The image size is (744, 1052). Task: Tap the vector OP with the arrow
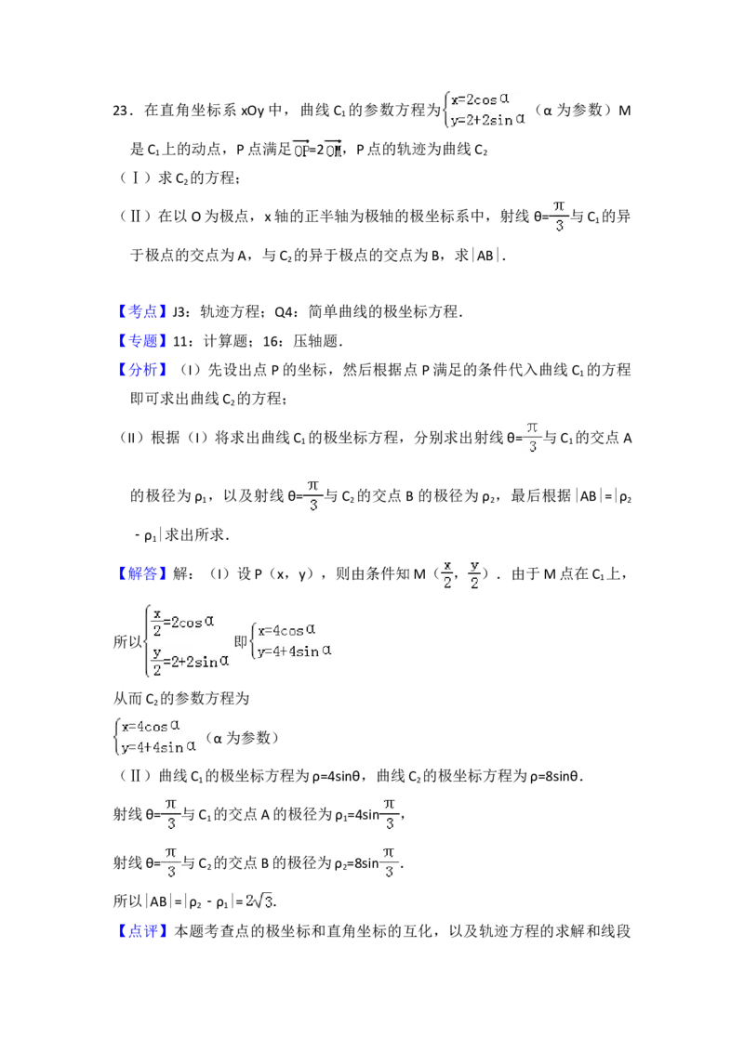pyautogui.click(x=300, y=149)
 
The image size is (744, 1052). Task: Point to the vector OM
pyautogui.click(x=331, y=149)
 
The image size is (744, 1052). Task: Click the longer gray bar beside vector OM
pyautogui.click(x=383, y=160)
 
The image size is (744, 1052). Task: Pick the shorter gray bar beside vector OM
pyautogui.click(x=350, y=146)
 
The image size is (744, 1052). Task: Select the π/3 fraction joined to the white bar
pyautogui.click(x=532, y=438)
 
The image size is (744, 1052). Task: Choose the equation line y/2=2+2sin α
pyautogui.click(x=190, y=662)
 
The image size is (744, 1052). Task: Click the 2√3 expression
pyautogui.click(x=258, y=900)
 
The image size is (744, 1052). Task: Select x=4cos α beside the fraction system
pyautogui.click(x=289, y=630)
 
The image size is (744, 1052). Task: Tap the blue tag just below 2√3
pyautogui.click(x=144, y=932)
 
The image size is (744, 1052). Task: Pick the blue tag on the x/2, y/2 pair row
pyautogui.click(x=144, y=575)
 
